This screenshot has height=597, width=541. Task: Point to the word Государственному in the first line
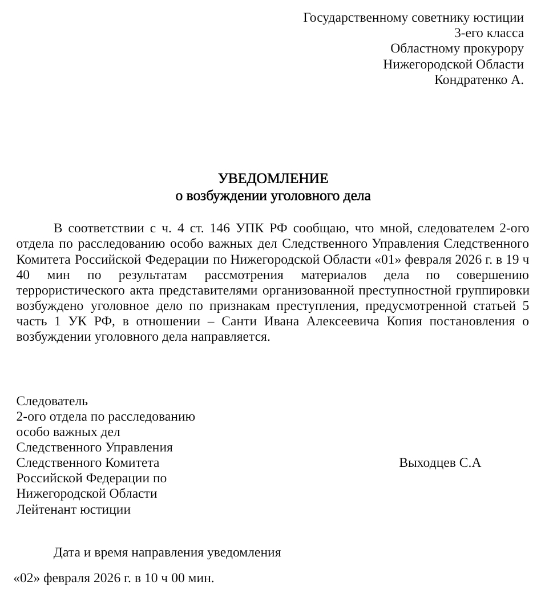click(349, 18)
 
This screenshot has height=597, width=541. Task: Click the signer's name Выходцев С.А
click(440, 463)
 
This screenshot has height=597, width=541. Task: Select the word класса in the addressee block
click(504, 33)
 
